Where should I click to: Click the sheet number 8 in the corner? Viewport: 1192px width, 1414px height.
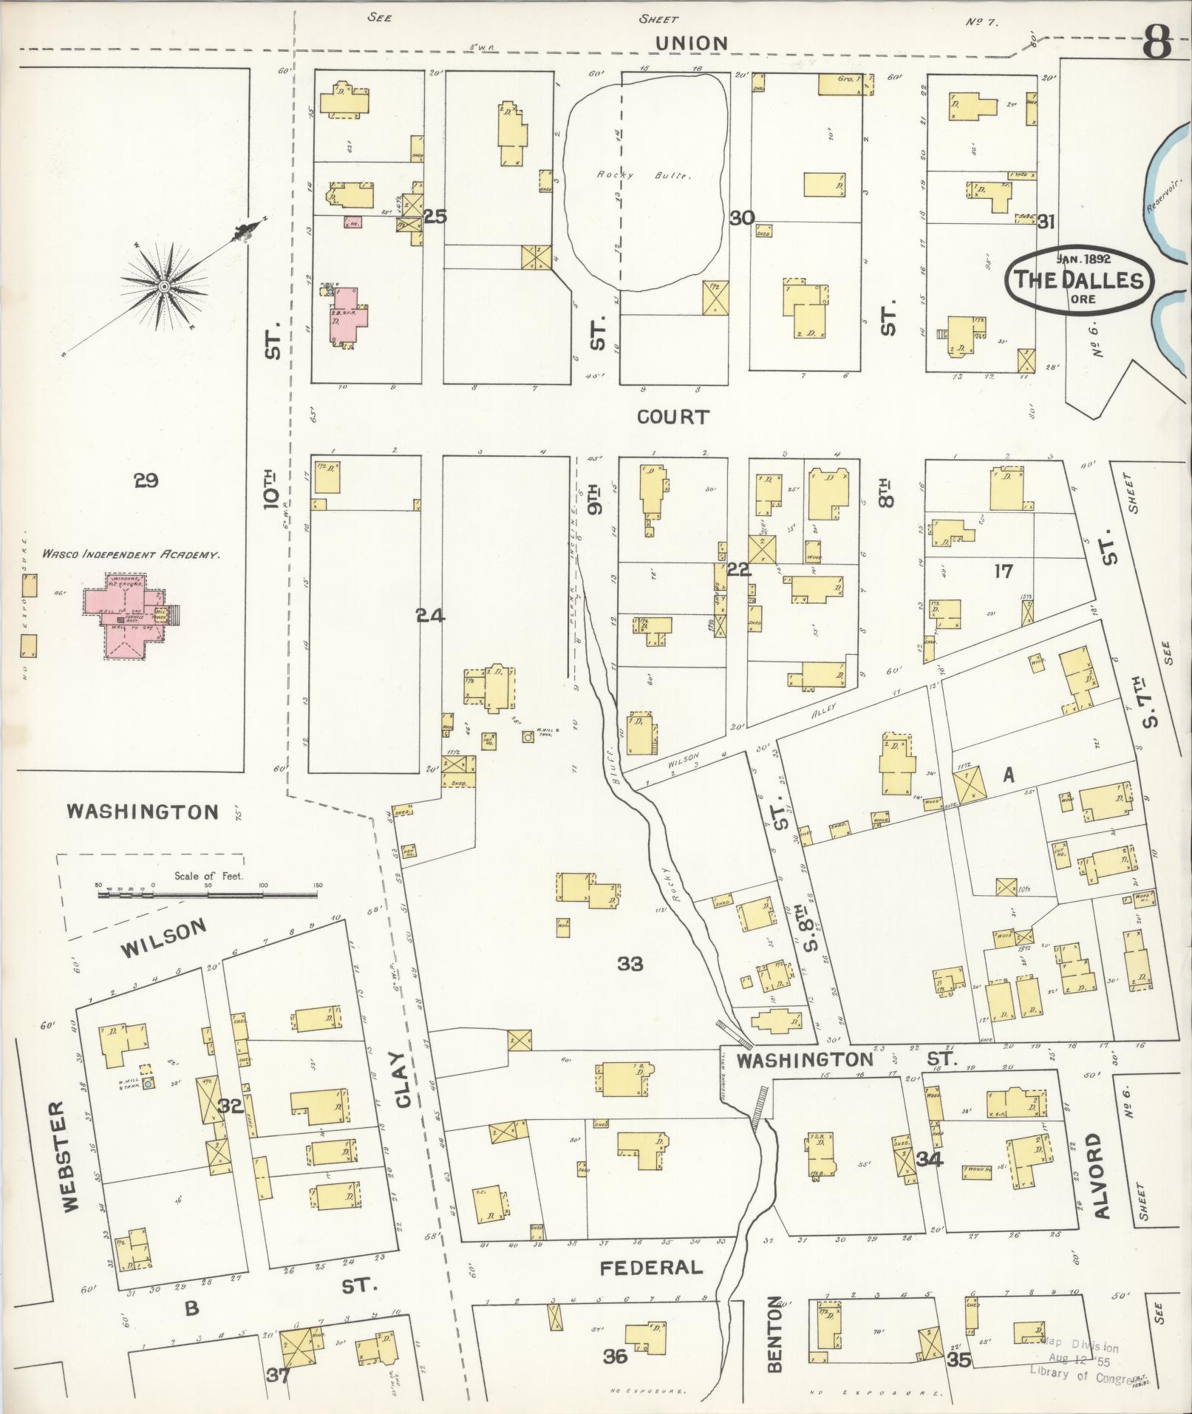coord(1156,44)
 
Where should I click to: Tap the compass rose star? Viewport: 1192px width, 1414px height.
coord(164,286)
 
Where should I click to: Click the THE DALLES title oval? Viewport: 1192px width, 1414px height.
coord(1077,279)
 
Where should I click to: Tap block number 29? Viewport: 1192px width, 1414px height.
coord(146,481)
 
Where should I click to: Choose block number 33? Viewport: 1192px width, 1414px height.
coord(630,963)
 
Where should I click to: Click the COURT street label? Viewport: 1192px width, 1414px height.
coord(672,417)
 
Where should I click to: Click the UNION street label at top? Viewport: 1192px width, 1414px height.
coord(692,44)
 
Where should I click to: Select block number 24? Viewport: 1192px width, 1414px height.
coord(430,615)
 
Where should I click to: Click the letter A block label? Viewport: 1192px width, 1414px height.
coord(1007,774)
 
